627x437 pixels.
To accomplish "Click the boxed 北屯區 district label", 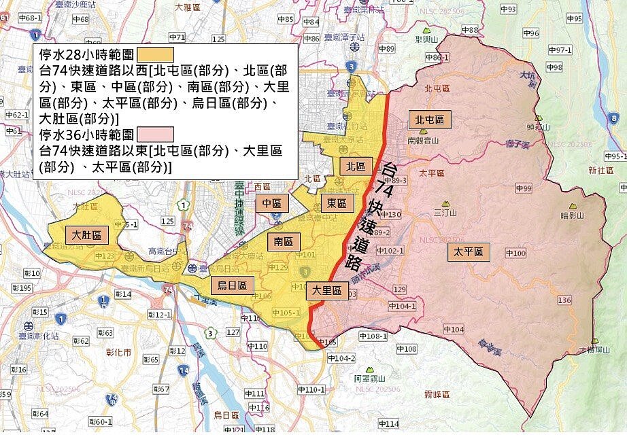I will [430, 120].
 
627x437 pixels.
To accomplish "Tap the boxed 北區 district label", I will [356, 166].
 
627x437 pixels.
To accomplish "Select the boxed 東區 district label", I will [336, 203].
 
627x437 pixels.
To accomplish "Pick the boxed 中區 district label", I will [271, 203].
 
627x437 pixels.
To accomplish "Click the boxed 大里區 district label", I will [326, 291].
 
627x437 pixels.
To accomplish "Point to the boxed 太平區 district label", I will [469, 252].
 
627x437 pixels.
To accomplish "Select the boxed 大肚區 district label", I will [86, 235].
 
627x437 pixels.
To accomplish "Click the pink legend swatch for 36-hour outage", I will [156, 134].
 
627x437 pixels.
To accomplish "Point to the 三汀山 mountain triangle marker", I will [446, 203].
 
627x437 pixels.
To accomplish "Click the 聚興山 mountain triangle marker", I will [426, 31].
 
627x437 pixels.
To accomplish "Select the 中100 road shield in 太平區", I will [515, 254].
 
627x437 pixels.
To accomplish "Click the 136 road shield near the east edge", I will [564, 300].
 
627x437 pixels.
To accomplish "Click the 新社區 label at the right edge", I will [600, 170].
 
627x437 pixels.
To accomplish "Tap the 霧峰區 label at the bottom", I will [437, 394].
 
